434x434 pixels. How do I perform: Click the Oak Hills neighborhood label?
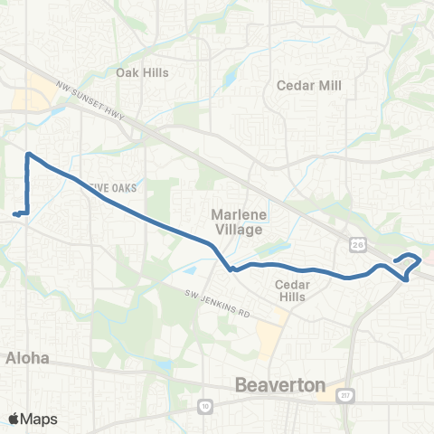pyautogui.click(x=143, y=72)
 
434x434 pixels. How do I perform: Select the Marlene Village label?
pyautogui.click(x=236, y=222)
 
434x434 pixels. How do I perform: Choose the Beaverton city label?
pyautogui.click(x=279, y=385)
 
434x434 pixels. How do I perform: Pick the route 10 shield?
pyautogui.click(x=204, y=408)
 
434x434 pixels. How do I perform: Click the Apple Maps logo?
pyautogui.click(x=32, y=419)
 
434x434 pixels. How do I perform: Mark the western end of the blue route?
pyautogui.click(x=14, y=214)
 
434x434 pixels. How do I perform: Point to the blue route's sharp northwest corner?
pyautogui.click(x=29, y=154)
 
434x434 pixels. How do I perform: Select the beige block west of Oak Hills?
pyautogui.click(x=42, y=91)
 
